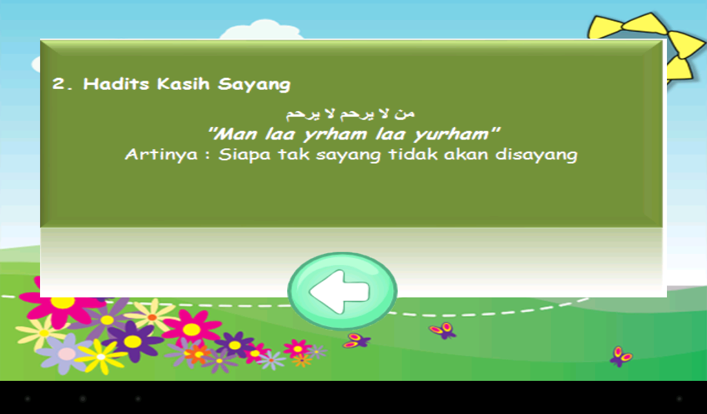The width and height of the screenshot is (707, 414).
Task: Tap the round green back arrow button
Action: coord(342,291)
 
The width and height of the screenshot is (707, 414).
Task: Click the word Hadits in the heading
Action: coord(116,83)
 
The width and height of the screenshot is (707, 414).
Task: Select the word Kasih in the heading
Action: coord(184,83)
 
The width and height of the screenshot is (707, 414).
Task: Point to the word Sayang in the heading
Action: coord(254,85)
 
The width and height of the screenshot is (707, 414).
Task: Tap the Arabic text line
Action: coord(350,113)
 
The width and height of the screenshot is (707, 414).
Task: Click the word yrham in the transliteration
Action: coord(335,135)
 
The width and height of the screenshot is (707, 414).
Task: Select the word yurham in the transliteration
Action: coord(452,135)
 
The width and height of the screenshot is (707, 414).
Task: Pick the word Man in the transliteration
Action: coord(238,134)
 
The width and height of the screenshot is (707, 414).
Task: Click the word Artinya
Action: coord(162,155)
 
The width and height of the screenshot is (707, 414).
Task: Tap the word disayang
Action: coord(536,155)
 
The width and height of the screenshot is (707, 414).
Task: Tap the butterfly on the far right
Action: coord(621,356)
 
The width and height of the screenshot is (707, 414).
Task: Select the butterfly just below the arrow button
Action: coord(356,341)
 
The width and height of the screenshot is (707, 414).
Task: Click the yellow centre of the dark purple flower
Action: coord(133,342)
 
